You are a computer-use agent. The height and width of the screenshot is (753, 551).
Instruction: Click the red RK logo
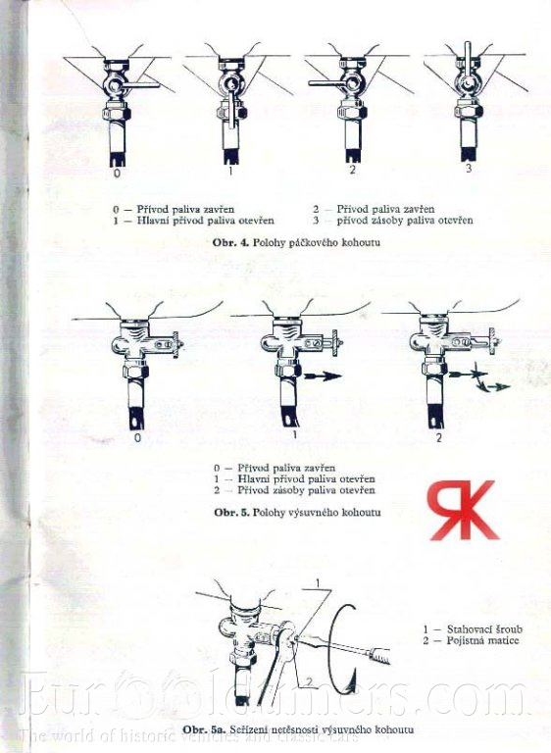[x=463, y=510]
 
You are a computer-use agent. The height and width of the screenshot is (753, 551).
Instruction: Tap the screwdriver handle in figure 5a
[x=379, y=654]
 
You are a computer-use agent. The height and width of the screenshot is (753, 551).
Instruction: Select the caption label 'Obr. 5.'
[x=232, y=513]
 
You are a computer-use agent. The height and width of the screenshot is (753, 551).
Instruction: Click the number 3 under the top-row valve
[x=469, y=169]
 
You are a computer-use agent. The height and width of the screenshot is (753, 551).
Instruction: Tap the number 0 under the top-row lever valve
[x=117, y=173]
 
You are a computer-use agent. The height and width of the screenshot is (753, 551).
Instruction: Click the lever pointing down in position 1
[x=232, y=110]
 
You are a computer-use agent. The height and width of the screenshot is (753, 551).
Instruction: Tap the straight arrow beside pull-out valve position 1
[x=322, y=376]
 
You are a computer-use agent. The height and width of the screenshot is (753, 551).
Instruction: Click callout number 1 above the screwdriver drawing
[x=318, y=583]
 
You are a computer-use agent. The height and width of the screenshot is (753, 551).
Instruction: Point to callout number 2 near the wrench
[x=310, y=681]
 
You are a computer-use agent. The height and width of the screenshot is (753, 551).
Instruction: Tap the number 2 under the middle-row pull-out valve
[x=438, y=438]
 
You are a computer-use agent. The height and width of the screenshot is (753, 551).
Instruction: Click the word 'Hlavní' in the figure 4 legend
[x=153, y=221]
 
